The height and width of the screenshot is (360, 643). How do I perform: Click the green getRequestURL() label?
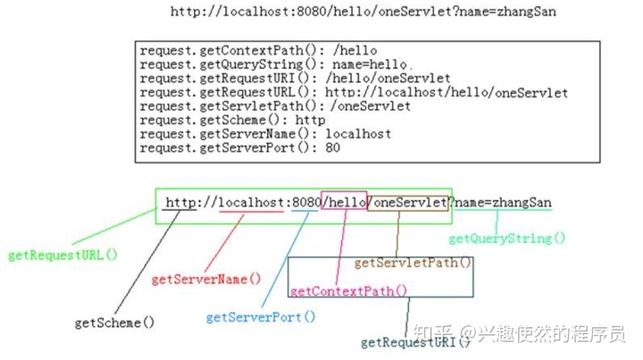click(63, 255)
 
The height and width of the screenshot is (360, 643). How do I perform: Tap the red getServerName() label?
click(206, 279)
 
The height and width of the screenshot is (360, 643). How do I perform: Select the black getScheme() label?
click(114, 322)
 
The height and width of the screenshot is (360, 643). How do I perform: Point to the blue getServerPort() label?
click(261, 317)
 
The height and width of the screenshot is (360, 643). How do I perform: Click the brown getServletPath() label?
click(413, 263)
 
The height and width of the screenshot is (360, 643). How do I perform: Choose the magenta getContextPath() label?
click(348, 290)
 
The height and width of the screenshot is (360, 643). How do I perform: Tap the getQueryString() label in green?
click(507, 239)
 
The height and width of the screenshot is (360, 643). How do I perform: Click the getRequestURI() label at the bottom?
click(414, 342)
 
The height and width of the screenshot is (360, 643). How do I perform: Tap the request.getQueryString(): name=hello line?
click(274, 65)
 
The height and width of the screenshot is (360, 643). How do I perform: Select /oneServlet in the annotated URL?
click(408, 203)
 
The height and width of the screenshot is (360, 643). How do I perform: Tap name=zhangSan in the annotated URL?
click(504, 203)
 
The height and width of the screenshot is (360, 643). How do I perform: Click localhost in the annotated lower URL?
click(251, 203)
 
